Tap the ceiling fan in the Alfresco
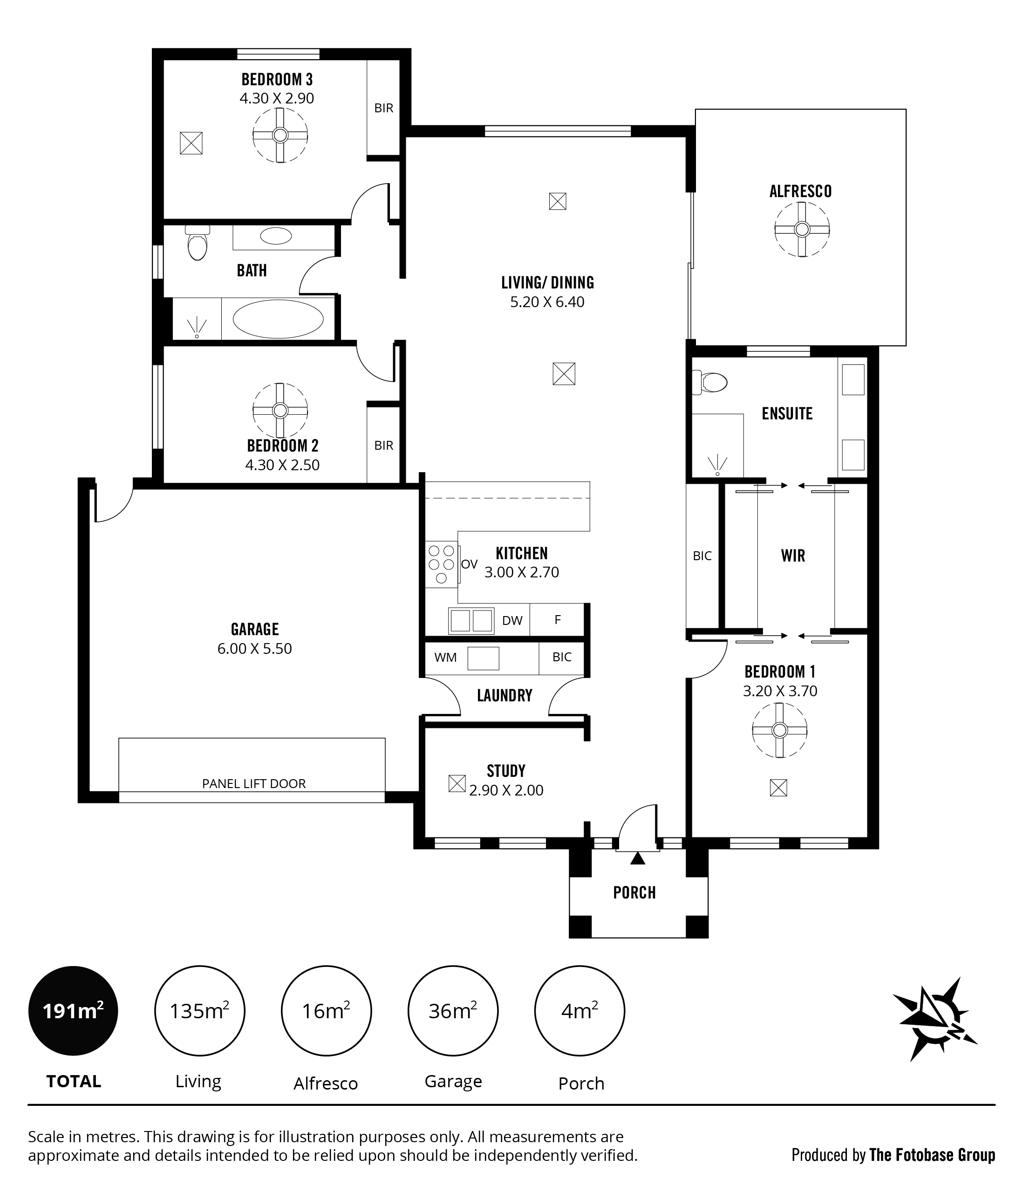click(801, 230)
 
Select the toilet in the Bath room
click(198, 242)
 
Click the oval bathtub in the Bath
click(278, 318)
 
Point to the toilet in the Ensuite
click(709, 382)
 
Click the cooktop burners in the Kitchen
click(442, 565)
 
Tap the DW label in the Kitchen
click(512, 621)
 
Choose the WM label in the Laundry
click(445, 658)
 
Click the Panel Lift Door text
click(254, 784)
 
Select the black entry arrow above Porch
click(637, 858)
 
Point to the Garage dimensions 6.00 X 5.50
click(254, 649)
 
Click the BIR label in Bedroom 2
click(383, 445)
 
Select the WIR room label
click(793, 555)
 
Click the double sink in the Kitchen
click(471, 621)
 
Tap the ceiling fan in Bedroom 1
click(779, 731)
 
